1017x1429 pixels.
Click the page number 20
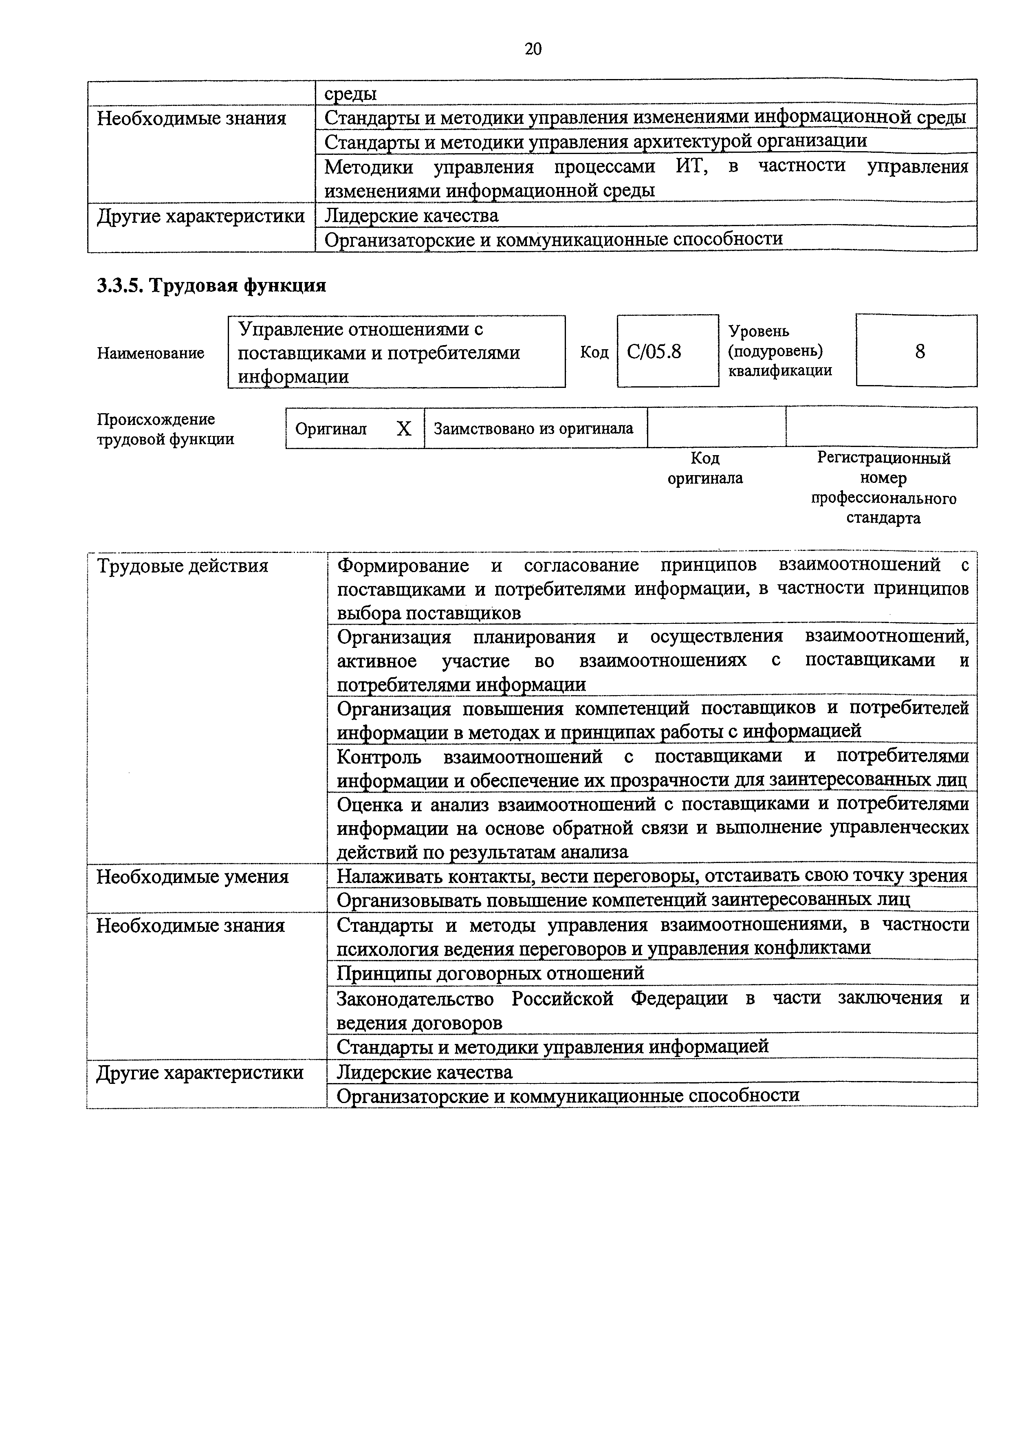coord(533,49)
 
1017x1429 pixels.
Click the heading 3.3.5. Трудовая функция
coord(211,286)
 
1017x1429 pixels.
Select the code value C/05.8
coord(654,352)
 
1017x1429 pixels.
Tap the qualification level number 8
coord(919,351)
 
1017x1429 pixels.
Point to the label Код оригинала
coord(705,469)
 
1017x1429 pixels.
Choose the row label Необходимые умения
coord(192,877)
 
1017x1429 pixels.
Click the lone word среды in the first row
coord(351,94)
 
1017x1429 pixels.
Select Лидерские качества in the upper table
coord(412,216)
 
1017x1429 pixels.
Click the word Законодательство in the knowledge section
coord(414,998)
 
